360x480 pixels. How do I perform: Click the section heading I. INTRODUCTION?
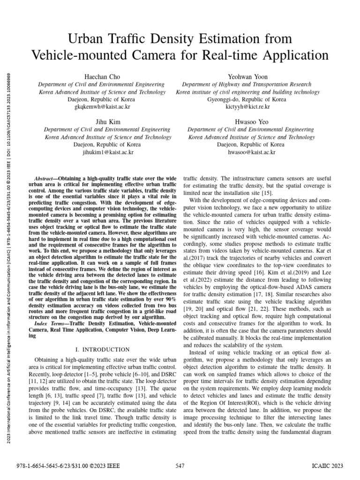(x=102, y=349)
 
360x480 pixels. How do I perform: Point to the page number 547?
(x=180, y=465)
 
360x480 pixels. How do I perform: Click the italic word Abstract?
(x=46, y=179)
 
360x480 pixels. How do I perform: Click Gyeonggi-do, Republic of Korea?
(x=246, y=100)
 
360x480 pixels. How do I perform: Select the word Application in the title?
(x=292, y=55)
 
